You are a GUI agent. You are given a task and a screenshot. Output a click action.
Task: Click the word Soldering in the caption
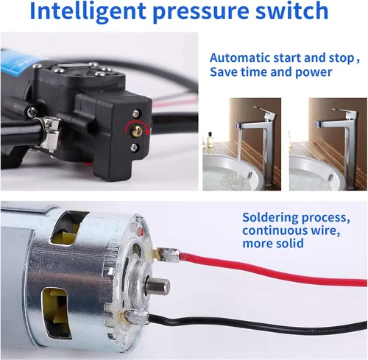pyautogui.click(x=270, y=218)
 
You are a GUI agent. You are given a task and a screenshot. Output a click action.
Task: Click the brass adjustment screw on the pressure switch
pyautogui.click(x=136, y=130)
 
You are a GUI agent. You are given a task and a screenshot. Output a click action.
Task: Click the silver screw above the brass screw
pyautogui.click(x=135, y=113)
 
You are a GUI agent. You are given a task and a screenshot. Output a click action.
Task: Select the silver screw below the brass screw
pyautogui.click(x=134, y=147)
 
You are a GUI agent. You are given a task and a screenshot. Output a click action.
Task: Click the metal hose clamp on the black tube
pyautogui.click(x=50, y=133)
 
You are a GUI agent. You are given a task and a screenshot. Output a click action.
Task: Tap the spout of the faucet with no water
pyautogui.click(x=319, y=124)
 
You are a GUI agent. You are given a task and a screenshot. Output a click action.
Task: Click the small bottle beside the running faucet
pyautogui.click(x=210, y=140)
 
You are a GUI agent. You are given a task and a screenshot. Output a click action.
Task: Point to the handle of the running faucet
pyautogui.click(x=263, y=110)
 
